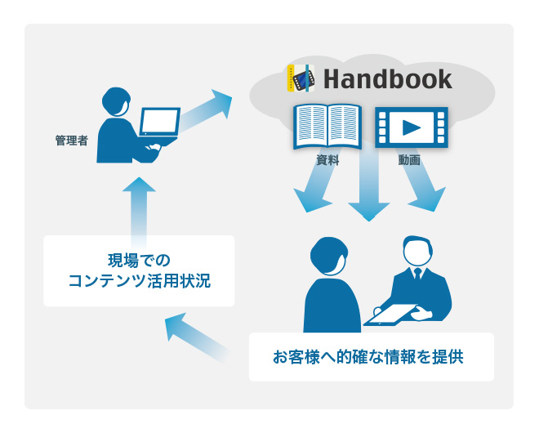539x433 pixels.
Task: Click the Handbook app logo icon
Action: pos(301,78)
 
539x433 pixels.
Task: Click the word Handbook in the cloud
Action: pos(388,79)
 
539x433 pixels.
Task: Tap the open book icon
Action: pos(327,126)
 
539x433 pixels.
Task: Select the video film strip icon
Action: pos(412,127)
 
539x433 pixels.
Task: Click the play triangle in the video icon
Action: pos(411,127)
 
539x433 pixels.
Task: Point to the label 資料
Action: pos(327,160)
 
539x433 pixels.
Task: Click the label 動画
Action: pos(409,160)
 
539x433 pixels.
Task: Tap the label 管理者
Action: pos(72,141)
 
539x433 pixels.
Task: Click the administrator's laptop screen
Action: pos(160,122)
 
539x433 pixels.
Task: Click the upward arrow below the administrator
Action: pos(139,210)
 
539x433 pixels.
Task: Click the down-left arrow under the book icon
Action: pos(316,181)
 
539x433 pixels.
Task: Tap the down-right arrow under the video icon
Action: pos(421,181)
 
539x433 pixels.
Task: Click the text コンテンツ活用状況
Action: pos(139,281)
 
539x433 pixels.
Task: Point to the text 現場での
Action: pos(139,261)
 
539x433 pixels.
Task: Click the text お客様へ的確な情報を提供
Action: pos(368,357)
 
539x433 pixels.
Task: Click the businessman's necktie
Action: pos(417,275)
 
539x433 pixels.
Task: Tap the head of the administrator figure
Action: pos(116,102)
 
